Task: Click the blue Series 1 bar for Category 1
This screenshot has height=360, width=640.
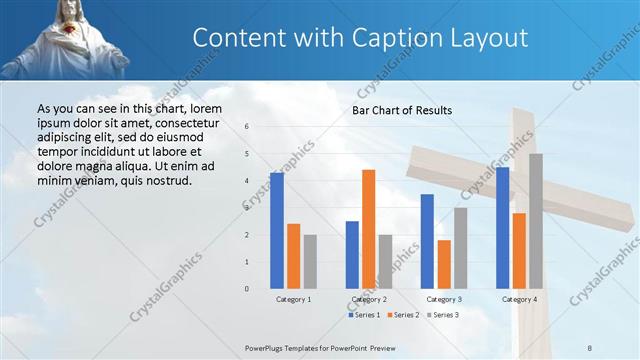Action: [276, 231]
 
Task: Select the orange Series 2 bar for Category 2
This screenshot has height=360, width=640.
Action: [368, 229]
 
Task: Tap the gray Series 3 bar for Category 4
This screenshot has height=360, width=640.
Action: [536, 221]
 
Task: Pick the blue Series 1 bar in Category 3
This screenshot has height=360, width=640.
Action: [427, 241]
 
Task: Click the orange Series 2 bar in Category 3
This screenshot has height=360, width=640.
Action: [444, 264]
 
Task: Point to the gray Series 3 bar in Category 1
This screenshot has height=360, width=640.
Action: [310, 261]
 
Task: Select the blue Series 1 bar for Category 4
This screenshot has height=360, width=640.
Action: [502, 228]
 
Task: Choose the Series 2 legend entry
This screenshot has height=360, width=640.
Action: [402, 315]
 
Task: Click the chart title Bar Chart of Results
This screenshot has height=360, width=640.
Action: [401, 110]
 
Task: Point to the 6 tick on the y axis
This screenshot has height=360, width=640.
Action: [247, 127]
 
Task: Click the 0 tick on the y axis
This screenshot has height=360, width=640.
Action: [247, 289]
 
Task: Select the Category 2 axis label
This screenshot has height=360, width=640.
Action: [369, 299]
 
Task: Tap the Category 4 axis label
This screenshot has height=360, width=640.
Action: [519, 299]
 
